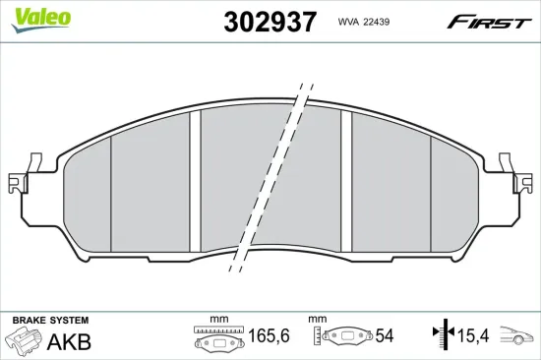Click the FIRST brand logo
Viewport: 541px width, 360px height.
(489, 22)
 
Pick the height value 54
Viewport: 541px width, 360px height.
(384, 336)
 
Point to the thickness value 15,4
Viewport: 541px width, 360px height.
(473, 336)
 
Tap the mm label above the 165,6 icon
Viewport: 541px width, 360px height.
(217, 320)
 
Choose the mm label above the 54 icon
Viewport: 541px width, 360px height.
(317, 320)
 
